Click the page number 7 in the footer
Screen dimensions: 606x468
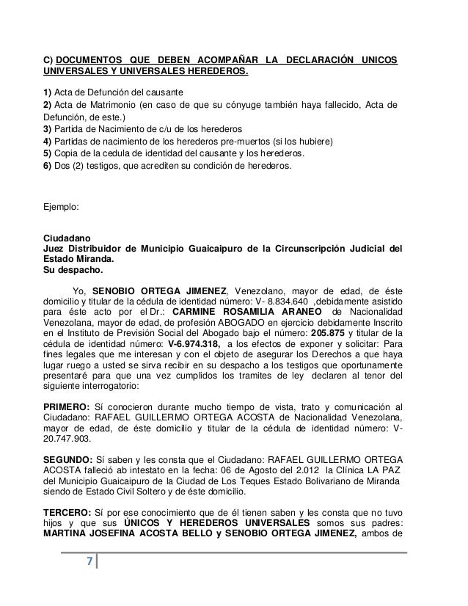(89, 563)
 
